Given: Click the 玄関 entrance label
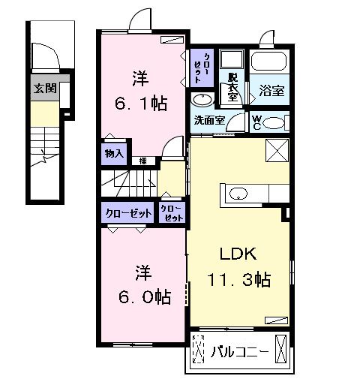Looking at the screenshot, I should point(44,88).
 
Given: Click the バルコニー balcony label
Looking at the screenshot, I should point(239,350).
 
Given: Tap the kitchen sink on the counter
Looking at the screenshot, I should point(237,194).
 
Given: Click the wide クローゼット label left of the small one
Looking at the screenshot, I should point(126,213).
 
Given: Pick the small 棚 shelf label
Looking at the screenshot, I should point(142,160).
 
